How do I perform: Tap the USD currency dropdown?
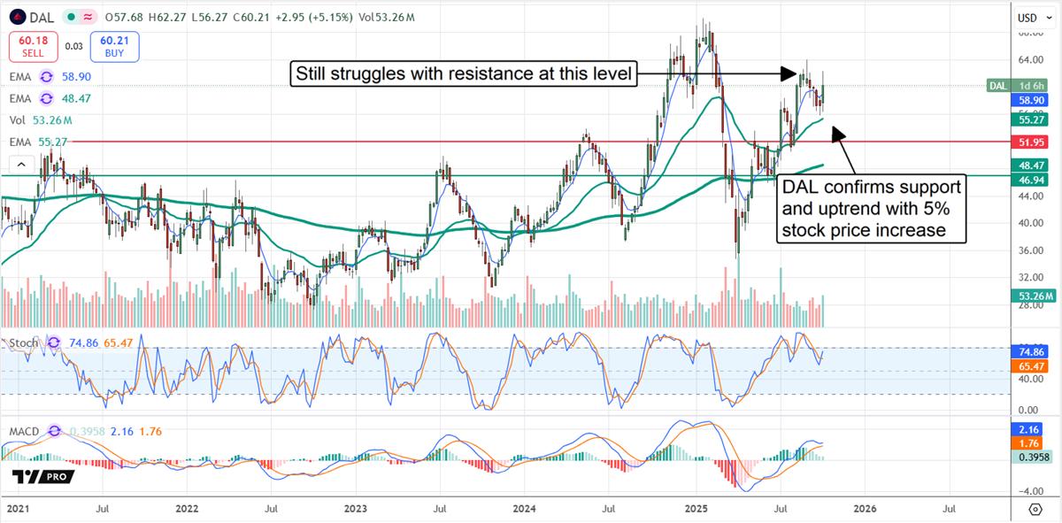pyautogui.click(x=1032, y=18)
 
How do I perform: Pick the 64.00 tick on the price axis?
pyautogui.click(x=1028, y=60)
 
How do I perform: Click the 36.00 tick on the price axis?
pyautogui.click(x=1028, y=250)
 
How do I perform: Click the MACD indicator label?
pyautogui.click(x=23, y=431)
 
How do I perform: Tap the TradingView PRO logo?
pyautogui.click(x=43, y=477)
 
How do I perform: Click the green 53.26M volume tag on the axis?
pyautogui.click(x=1034, y=296)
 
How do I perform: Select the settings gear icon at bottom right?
pyautogui.click(x=1035, y=509)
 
